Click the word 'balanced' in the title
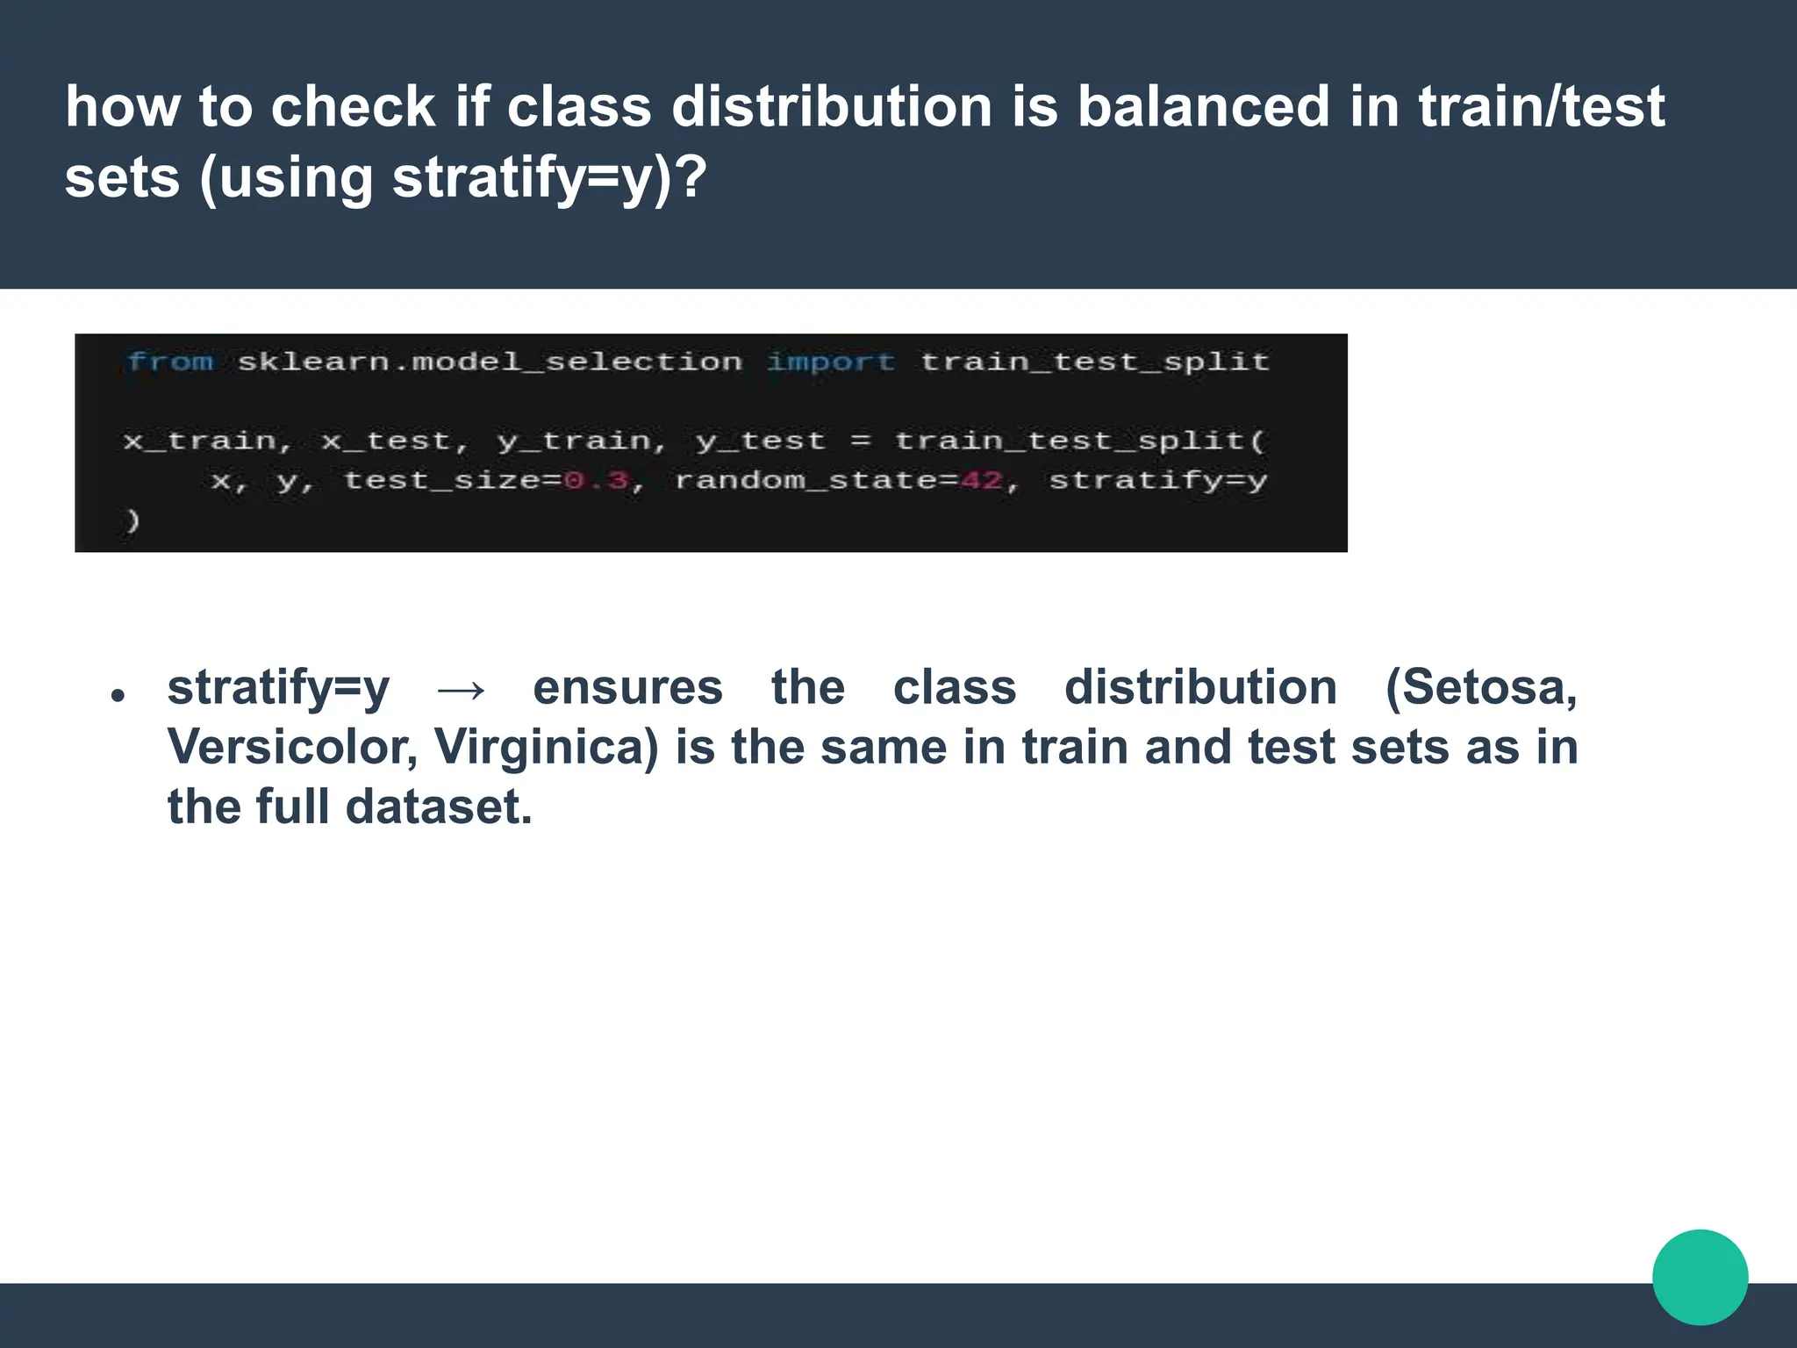1202,107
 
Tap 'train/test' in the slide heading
1541,107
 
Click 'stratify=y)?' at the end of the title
549,178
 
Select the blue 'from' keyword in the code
170,362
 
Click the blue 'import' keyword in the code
830,362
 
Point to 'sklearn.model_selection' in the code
490,362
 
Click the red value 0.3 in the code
597,480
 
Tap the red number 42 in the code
981,480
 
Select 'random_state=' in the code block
816,480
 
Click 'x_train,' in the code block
207,441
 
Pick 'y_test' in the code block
760,441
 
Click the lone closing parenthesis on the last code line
132,520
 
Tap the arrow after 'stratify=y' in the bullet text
462,690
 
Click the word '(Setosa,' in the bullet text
1481,687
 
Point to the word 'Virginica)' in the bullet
546,748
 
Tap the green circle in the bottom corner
1700,1277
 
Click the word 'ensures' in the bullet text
627,687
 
